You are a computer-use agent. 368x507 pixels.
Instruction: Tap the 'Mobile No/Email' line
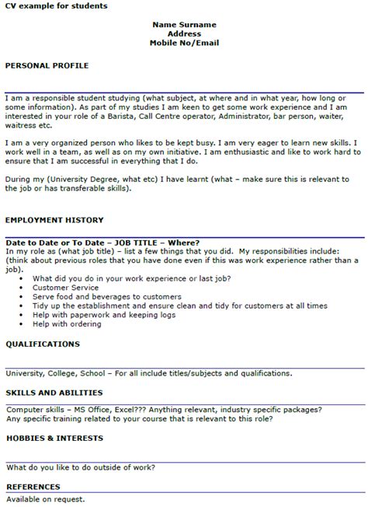coord(183,44)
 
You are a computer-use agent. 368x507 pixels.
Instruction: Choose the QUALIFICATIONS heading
coord(43,342)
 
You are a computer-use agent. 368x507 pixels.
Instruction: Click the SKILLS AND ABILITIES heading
coord(54,393)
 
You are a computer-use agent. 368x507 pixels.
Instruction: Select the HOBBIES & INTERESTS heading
coord(54,438)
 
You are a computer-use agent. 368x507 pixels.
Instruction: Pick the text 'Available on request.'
coord(45,498)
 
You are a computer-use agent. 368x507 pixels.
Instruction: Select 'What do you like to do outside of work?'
coord(81,467)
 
